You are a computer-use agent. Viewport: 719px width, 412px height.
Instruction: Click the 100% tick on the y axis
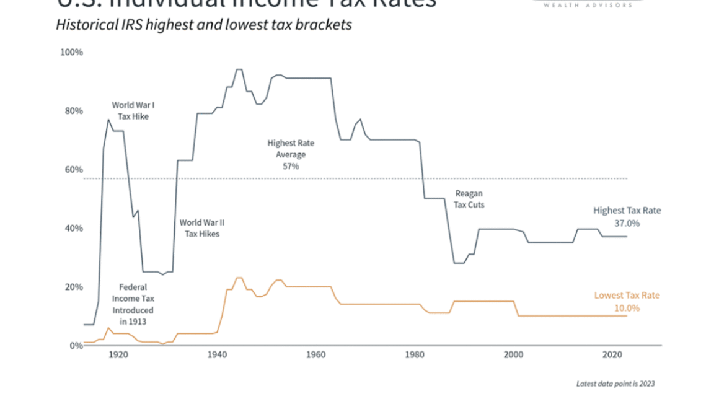[71, 52]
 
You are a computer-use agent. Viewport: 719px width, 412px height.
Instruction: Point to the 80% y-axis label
[73, 111]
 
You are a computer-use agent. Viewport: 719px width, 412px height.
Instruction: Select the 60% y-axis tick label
[73, 170]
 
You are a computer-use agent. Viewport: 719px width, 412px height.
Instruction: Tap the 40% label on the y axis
[73, 228]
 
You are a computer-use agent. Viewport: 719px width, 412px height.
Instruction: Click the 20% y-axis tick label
[73, 287]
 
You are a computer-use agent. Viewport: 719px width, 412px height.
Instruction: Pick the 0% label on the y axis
[75, 345]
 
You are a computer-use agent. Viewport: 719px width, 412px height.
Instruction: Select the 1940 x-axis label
[217, 355]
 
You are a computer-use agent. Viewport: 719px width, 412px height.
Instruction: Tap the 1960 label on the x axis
[315, 355]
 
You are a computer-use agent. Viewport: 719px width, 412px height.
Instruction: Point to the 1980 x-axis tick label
[415, 355]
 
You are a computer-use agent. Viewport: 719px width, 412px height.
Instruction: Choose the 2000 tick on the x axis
[513, 355]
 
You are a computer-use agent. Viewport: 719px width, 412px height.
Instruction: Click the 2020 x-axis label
[612, 355]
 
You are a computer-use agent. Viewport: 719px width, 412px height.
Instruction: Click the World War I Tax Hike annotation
[133, 111]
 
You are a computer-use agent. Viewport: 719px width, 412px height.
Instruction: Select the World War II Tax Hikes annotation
[200, 228]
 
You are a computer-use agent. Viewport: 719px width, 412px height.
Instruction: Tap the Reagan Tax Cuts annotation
[469, 199]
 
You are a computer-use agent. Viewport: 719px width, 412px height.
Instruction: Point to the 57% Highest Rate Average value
[291, 167]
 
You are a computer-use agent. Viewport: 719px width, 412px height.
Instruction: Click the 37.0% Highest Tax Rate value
[627, 223]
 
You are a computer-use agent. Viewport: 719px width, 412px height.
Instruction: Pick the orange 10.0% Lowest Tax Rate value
[627, 308]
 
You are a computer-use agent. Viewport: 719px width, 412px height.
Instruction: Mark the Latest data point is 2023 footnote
[615, 384]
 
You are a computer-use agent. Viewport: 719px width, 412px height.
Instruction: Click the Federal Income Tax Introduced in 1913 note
[132, 304]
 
